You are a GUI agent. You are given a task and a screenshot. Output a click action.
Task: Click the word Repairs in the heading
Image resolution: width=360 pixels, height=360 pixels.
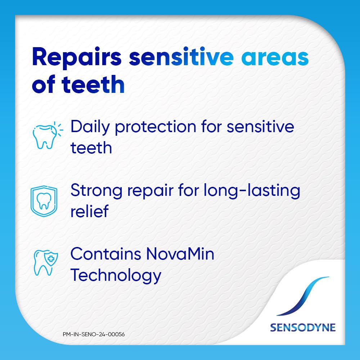76,58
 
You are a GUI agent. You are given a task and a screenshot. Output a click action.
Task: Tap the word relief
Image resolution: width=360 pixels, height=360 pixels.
89,211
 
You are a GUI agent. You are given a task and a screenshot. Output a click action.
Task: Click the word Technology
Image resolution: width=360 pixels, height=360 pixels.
116,275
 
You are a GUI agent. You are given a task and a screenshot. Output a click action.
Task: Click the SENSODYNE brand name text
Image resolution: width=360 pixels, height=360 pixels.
302,328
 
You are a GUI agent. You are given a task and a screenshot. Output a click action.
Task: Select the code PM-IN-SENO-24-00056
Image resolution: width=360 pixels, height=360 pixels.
94,334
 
